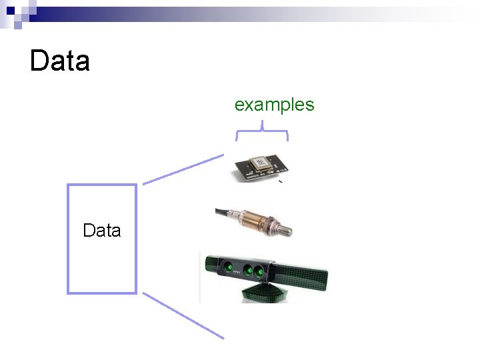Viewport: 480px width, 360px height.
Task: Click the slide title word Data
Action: (60, 61)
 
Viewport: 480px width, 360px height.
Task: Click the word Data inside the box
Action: (101, 231)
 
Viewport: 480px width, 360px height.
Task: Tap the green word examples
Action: (274, 105)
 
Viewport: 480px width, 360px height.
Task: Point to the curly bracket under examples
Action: (262, 131)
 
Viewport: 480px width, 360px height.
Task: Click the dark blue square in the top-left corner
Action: (11, 11)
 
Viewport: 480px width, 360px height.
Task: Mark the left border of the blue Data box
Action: (68, 238)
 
